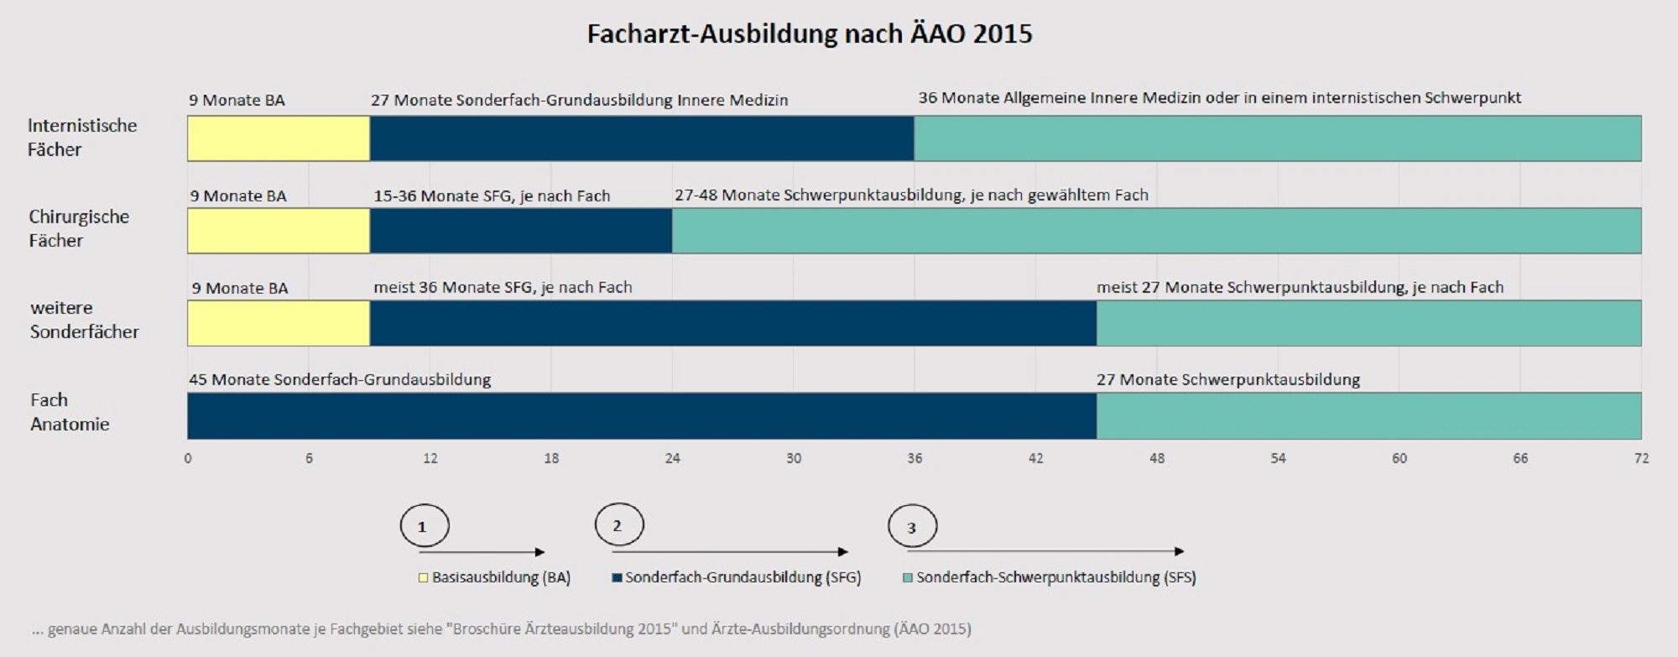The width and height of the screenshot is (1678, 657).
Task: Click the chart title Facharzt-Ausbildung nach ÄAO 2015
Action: click(x=810, y=34)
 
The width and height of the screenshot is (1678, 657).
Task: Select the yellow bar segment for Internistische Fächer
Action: click(x=279, y=138)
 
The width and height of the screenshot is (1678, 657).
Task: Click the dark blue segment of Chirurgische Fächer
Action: click(x=520, y=231)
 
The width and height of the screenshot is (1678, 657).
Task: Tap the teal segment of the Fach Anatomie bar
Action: click(x=1368, y=416)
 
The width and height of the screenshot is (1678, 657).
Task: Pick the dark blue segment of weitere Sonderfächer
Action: click(x=732, y=323)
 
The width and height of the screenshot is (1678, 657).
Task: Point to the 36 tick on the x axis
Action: click(x=915, y=458)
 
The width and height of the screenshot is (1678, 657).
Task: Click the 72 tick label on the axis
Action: click(x=1641, y=458)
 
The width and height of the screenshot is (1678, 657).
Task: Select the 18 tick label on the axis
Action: click(x=551, y=458)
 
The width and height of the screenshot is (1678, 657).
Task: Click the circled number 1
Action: click(x=424, y=526)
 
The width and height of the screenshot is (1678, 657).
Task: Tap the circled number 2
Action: click(x=618, y=525)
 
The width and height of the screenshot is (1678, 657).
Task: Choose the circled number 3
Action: click(x=912, y=527)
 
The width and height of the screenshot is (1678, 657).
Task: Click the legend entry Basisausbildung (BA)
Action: click(x=495, y=577)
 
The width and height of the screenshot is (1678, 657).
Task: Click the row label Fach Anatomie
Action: click(x=70, y=412)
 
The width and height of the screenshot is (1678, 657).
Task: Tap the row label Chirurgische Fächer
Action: click(x=79, y=228)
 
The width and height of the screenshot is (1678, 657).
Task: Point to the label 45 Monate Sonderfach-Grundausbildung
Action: click(x=340, y=379)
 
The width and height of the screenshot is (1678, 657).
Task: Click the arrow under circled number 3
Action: click(x=1045, y=551)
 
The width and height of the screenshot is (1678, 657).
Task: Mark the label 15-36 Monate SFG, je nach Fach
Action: click(x=492, y=196)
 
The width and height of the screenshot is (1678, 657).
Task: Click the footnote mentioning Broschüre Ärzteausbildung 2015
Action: click(x=501, y=628)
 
